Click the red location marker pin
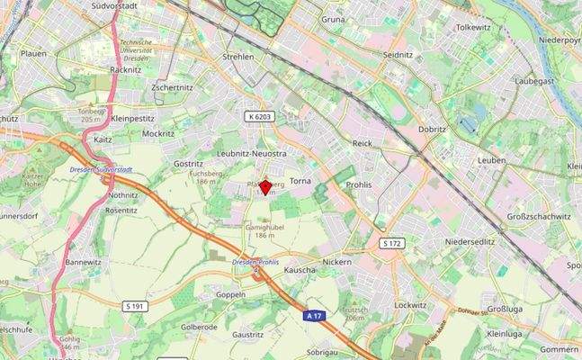pos(264,187)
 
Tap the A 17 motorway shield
pos(312,316)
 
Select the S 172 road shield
pos(391,244)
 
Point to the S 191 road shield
pos(134,307)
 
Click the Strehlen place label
pos(239,57)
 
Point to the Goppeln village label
pos(230,294)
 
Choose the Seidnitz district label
pos(397,55)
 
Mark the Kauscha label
pos(300,270)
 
